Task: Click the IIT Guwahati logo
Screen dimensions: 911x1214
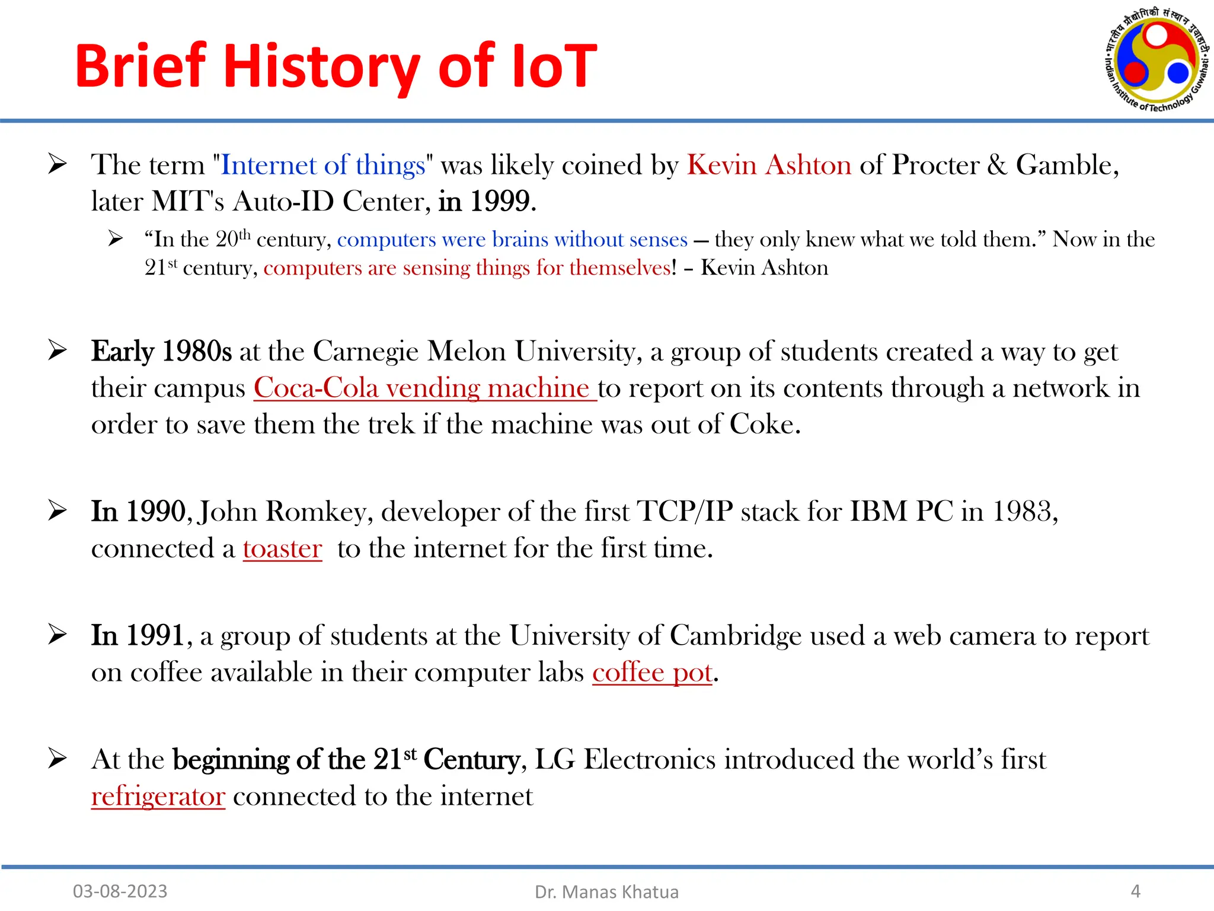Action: click(x=1157, y=60)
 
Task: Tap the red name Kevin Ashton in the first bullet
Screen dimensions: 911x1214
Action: click(x=769, y=165)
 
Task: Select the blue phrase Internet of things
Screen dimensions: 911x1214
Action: click(x=323, y=165)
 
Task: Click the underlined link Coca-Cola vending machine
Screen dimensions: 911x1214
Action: click(x=424, y=388)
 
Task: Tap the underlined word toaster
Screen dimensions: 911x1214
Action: click(x=282, y=549)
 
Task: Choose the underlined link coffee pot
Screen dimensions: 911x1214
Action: click(x=651, y=673)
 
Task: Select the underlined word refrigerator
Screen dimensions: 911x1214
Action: click(x=158, y=797)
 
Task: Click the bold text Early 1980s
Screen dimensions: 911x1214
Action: click(x=161, y=352)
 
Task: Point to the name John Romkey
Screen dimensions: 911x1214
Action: click(x=285, y=512)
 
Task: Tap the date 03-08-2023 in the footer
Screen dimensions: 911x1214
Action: click(x=120, y=891)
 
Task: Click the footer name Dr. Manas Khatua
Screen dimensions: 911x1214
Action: click(x=606, y=891)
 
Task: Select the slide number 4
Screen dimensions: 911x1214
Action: click(x=1135, y=891)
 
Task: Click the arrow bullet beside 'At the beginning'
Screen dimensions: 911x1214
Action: click(x=57, y=759)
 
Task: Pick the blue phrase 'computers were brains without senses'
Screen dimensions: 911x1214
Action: click(x=512, y=240)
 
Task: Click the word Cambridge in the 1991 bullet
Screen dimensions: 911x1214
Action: click(x=736, y=636)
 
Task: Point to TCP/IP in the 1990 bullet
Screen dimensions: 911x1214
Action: click(x=685, y=512)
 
